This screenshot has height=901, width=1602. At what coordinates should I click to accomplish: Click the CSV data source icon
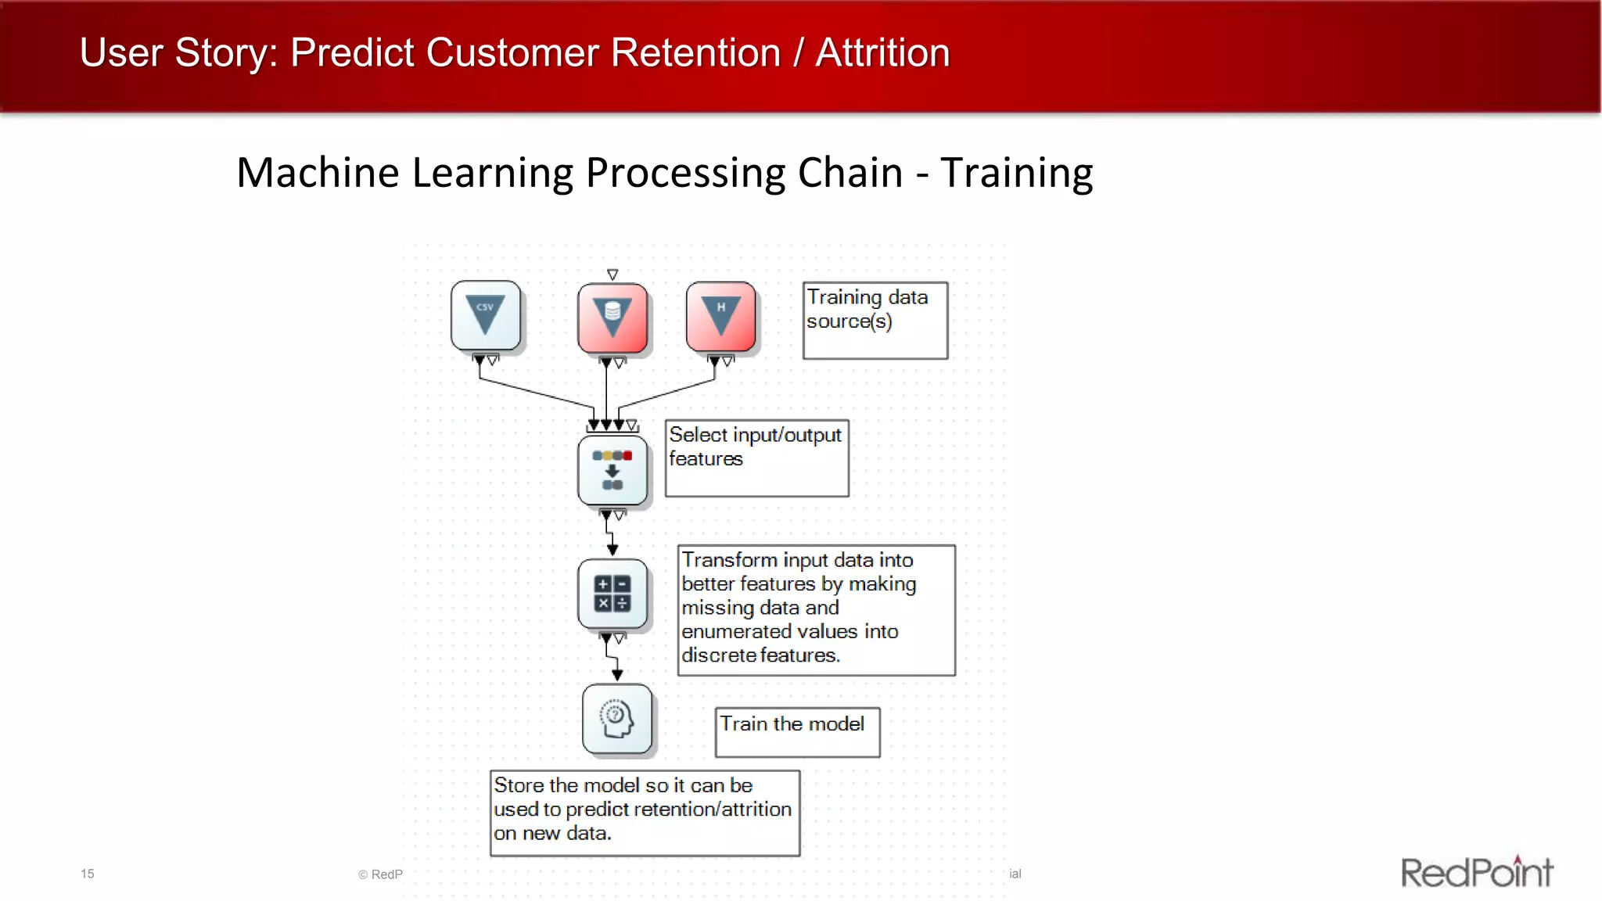(x=486, y=315)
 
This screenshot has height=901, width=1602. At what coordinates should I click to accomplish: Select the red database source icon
(x=612, y=318)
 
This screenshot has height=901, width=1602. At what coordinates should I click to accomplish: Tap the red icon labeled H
(x=720, y=317)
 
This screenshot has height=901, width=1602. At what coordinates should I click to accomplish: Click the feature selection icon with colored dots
(x=612, y=470)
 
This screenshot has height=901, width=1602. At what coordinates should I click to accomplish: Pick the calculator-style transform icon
(x=612, y=594)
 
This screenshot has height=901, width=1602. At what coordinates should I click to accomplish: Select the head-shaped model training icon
(x=617, y=719)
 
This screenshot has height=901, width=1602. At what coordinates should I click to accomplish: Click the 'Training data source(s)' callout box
(x=875, y=320)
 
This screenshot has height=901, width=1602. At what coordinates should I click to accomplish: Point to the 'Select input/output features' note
(x=756, y=458)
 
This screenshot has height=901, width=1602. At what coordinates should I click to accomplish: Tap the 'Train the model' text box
(x=797, y=731)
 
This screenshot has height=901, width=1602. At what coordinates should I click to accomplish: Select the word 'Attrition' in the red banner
(x=882, y=53)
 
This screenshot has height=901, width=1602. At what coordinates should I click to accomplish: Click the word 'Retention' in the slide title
(x=695, y=53)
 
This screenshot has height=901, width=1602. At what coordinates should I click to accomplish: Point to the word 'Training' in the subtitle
(x=1016, y=173)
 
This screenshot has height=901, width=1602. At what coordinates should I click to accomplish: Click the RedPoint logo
(x=1476, y=872)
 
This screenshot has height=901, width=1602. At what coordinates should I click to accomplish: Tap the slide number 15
(x=88, y=874)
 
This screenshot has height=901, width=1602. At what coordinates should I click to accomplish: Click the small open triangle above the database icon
(x=612, y=275)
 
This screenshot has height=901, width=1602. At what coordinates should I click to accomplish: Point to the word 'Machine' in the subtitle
(x=318, y=173)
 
